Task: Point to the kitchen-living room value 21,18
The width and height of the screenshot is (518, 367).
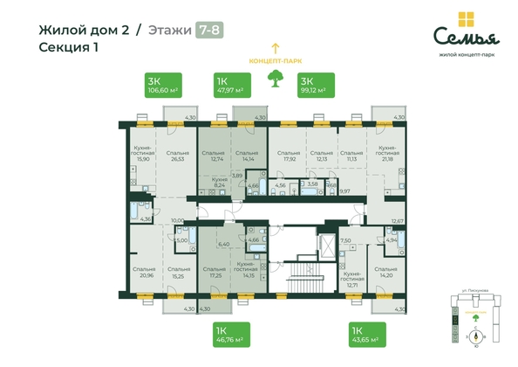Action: click(x=388, y=159)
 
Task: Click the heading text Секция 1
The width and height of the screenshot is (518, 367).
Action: click(x=69, y=47)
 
